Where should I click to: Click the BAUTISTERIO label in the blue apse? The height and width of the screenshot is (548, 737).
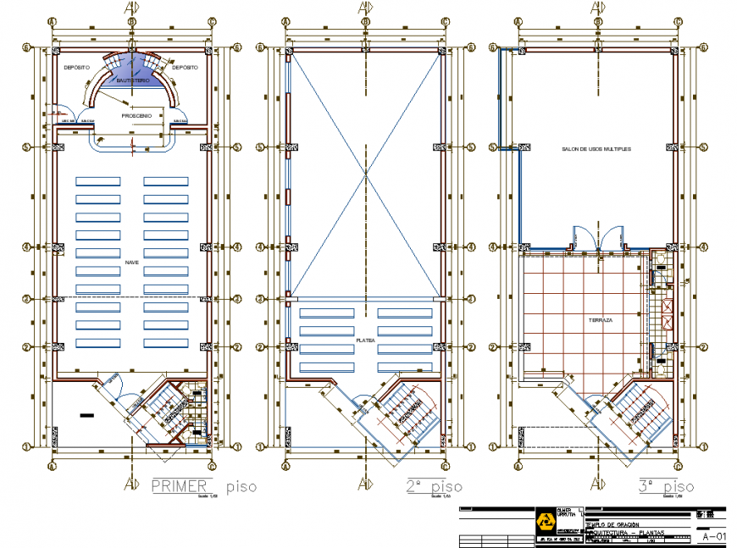[x=133, y=80]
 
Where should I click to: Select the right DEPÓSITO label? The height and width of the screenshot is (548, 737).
[x=186, y=66]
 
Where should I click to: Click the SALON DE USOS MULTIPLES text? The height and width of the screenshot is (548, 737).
[x=596, y=148]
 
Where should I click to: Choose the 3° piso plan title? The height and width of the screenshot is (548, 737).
[x=666, y=487]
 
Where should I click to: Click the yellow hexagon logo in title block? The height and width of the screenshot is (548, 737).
[x=544, y=519]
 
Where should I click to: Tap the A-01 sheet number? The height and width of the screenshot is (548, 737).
[x=714, y=536]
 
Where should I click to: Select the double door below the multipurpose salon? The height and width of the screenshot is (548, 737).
[x=597, y=237]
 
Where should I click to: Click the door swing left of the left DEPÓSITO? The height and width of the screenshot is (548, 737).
[x=58, y=109]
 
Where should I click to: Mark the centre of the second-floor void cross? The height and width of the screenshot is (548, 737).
[x=365, y=174]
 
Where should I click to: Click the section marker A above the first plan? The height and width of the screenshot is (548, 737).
[x=131, y=8]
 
